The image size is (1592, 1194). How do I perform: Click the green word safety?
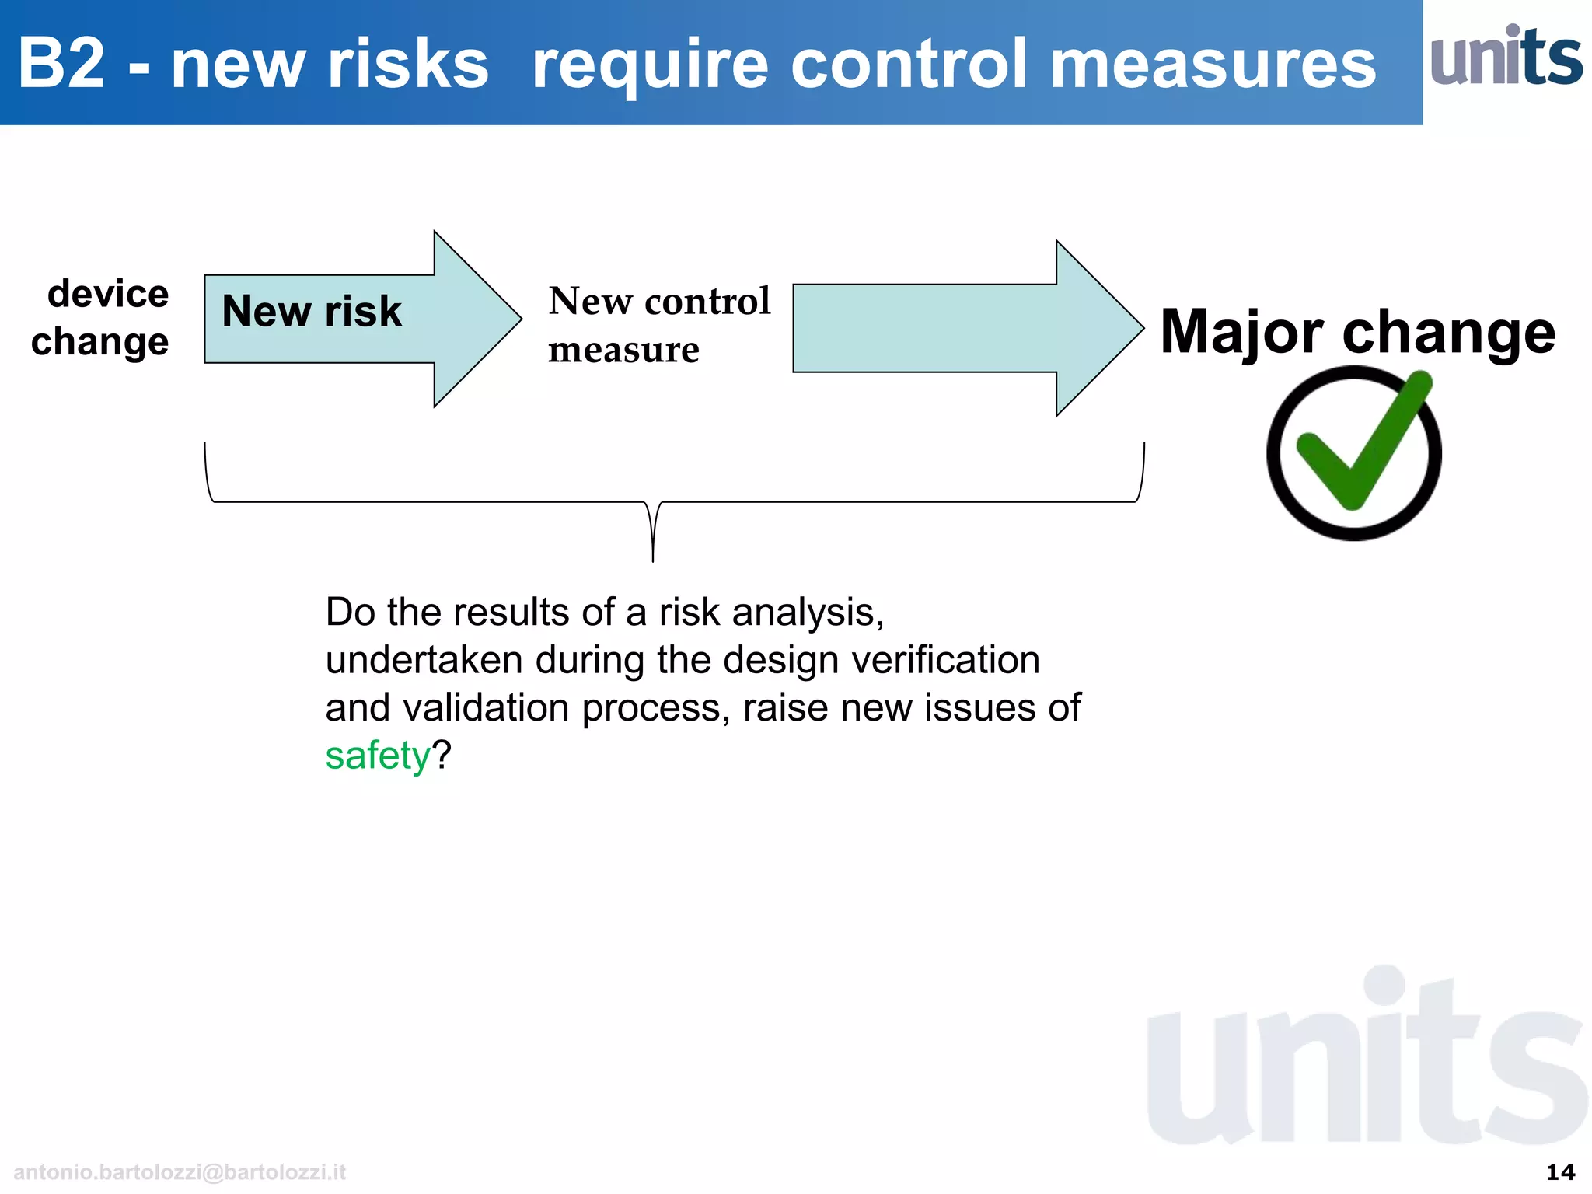(x=377, y=756)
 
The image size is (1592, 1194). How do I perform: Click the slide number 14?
(x=1560, y=1171)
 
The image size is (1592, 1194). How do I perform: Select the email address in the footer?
(x=180, y=1172)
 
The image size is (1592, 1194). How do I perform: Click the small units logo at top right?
(x=1506, y=56)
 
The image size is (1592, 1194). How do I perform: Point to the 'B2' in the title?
(x=61, y=64)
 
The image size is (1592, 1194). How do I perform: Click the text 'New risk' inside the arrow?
(x=312, y=311)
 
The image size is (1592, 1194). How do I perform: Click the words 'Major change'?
(x=1357, y=332)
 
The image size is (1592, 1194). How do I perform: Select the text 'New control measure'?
(x=658, y=324)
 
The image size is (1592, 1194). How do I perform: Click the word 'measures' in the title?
(x=1213, y=64)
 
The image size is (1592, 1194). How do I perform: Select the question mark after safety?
(x=442, y=756)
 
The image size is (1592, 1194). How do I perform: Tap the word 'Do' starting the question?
(x=350, y=613)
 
